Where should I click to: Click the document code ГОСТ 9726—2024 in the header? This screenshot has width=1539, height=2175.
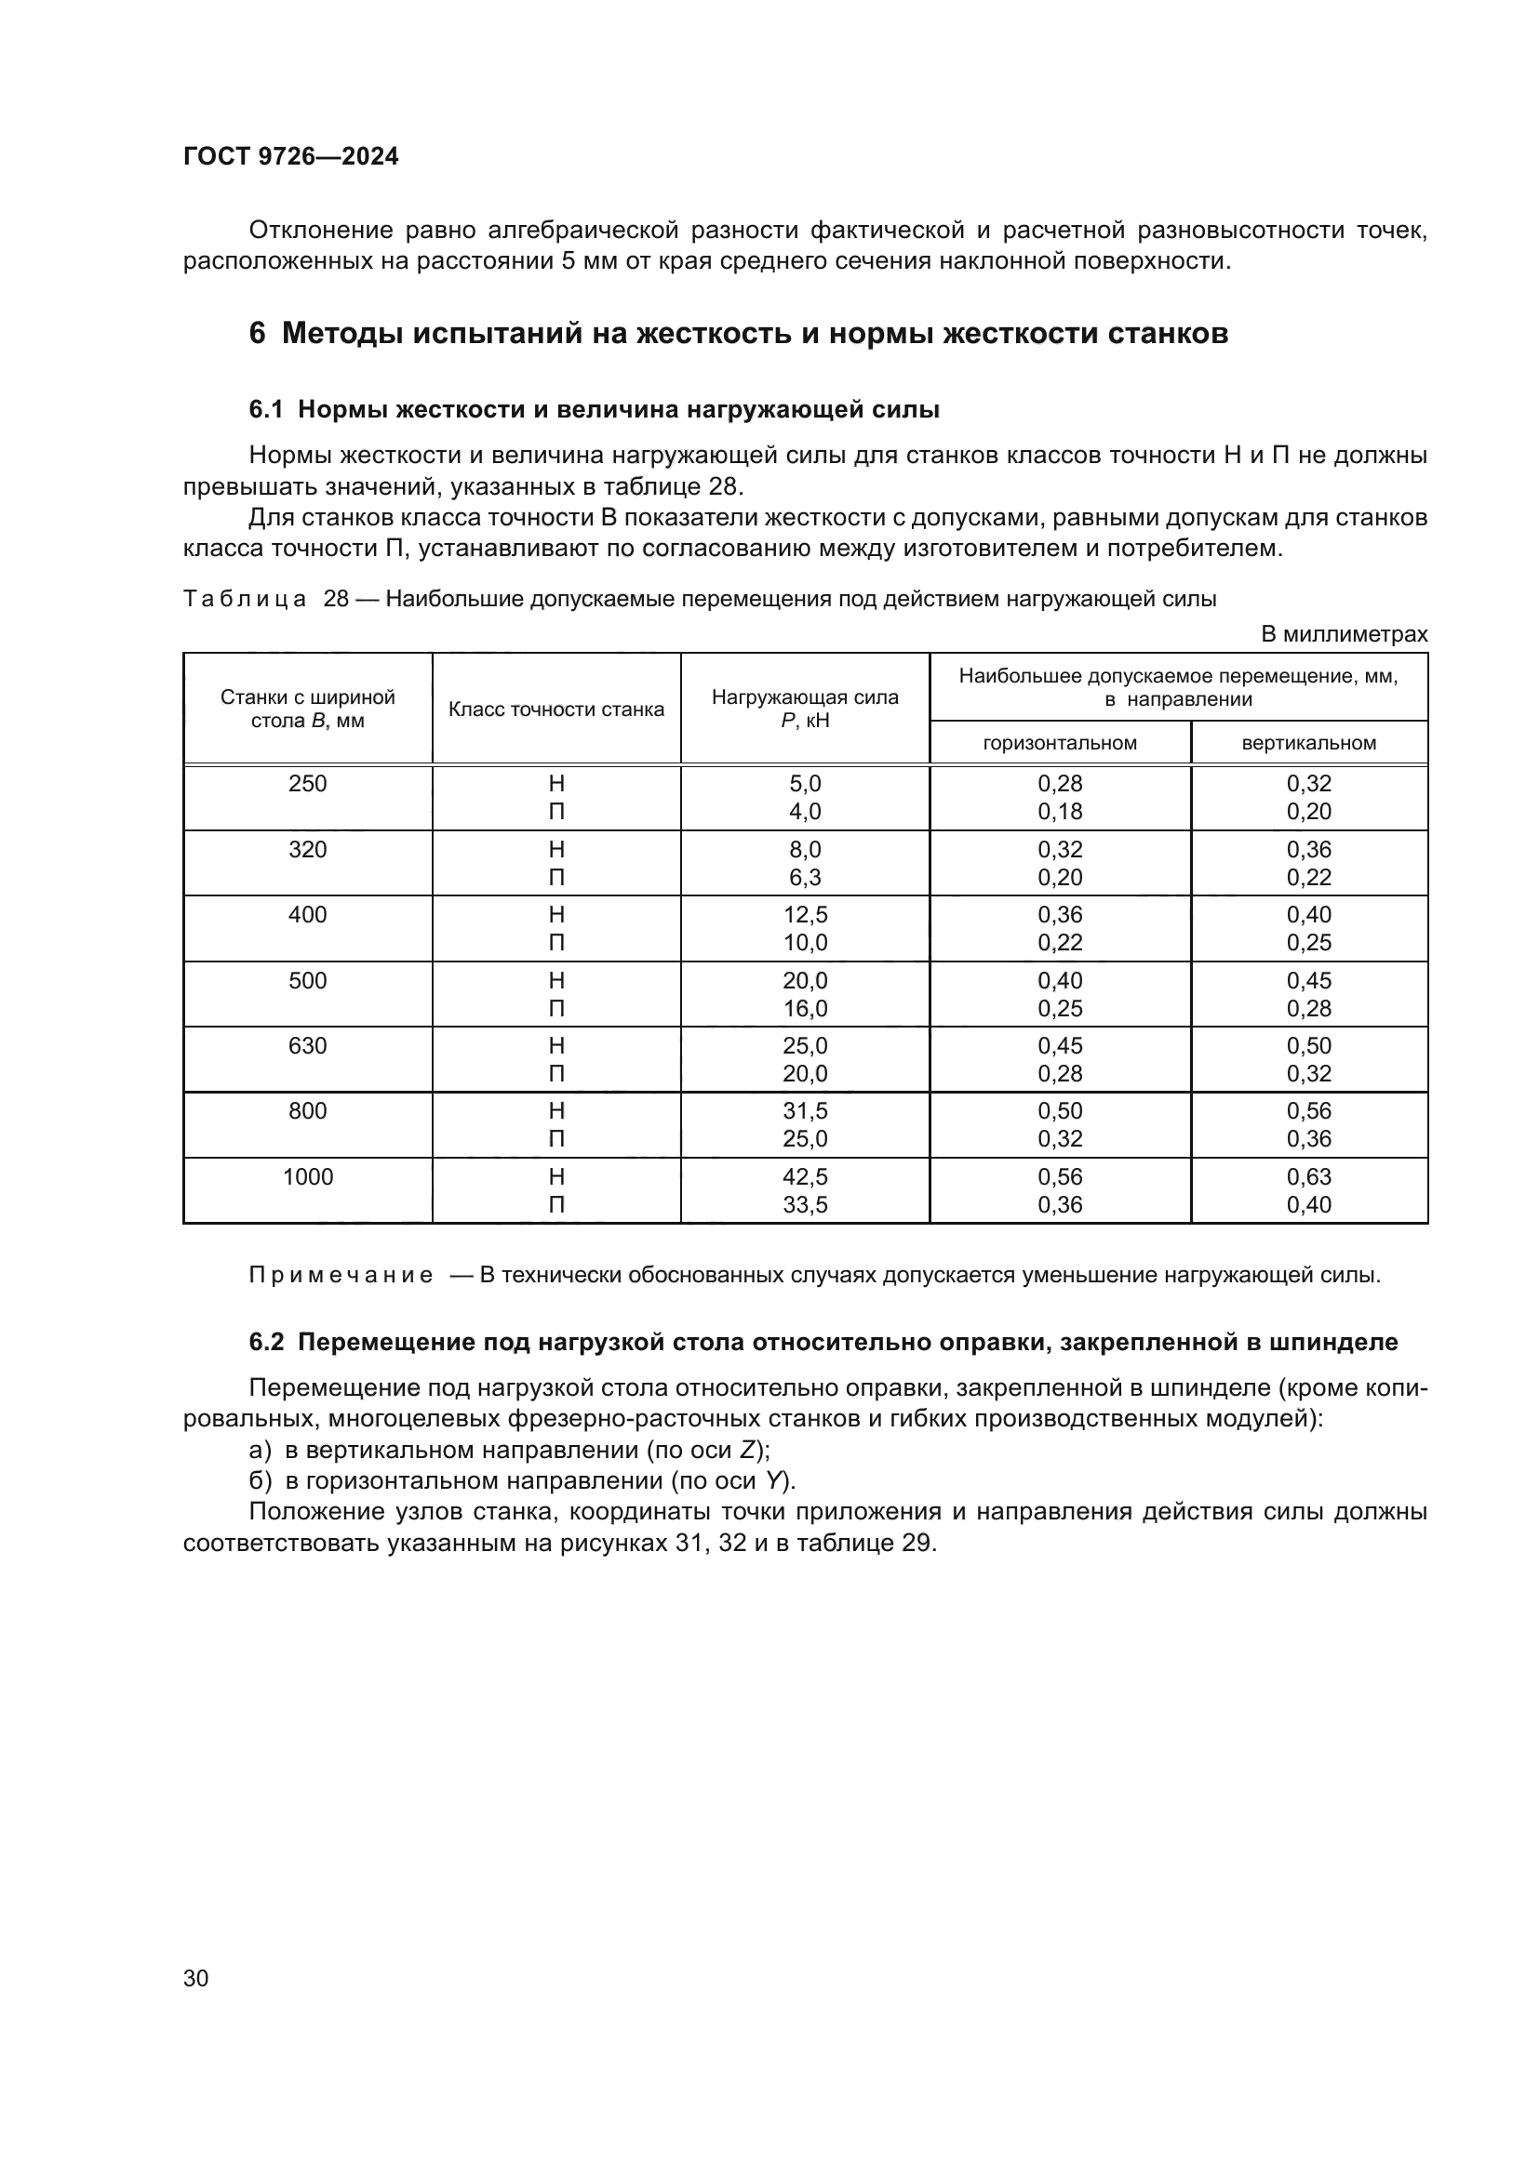tap(290, 156)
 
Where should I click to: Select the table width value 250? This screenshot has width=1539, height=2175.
tap(307, 783)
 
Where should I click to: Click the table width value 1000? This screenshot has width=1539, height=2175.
tap(307, 1176)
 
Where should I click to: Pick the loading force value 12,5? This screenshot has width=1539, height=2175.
tap(805, 914)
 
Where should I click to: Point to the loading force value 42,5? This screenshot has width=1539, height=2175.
tap(805, 1176)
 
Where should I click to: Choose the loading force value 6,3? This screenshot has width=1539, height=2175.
tap(805, 877)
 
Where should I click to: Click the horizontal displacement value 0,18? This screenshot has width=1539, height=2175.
tap(1060, 812)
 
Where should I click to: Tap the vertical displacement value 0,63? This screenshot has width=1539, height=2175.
tap(1309, 1176)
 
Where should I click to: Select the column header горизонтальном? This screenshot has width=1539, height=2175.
tap(1060, 743)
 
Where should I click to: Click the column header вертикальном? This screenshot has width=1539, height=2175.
tap(1309, 743)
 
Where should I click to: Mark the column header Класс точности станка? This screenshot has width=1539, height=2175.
tap(556, 710)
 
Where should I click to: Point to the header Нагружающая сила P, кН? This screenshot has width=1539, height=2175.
tap(805, 709)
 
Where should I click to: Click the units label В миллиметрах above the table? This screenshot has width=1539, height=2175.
tap(1343, 635)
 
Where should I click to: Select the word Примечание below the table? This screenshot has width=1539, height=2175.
tap(341, 1275)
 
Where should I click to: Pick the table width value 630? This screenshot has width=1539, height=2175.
tap(307, 1046)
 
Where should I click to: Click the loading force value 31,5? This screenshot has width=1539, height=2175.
tap(805, 1110)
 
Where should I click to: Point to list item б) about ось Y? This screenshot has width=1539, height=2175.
tap(521, 1480)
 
